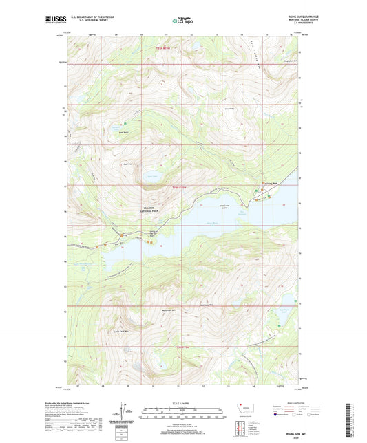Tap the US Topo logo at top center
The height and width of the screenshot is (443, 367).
click(x=183, y=21)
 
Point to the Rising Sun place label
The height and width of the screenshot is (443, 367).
click(x=270, y=183)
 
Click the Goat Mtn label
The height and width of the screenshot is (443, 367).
click(x=127, y=164)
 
